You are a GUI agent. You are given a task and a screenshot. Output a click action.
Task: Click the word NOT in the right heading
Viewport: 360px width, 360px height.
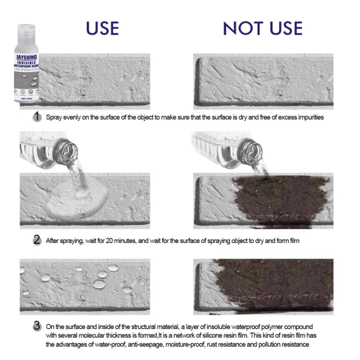tap(241, 28)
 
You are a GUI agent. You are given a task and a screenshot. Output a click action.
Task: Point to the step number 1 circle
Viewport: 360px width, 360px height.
tap(36, 117)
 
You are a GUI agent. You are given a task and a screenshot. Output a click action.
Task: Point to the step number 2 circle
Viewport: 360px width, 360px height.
tap(36, 240)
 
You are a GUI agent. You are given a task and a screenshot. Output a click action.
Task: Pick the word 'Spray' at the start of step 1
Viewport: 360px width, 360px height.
tap(54, 118)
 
